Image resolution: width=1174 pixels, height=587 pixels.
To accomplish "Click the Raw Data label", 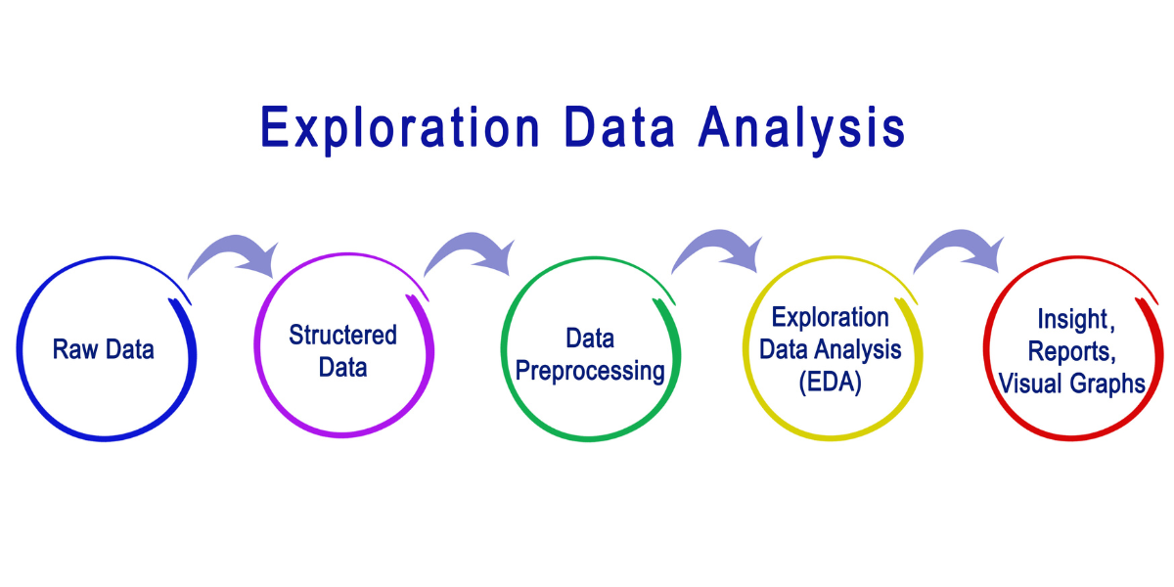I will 104,349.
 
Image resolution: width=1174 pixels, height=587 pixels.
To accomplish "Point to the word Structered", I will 342,336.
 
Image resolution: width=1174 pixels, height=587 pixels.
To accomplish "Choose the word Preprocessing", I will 590,372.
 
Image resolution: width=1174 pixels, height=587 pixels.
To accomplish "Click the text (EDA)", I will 830,383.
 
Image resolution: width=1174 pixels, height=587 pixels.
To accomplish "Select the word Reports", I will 1072,352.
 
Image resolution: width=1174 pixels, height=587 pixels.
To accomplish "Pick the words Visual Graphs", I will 1072,384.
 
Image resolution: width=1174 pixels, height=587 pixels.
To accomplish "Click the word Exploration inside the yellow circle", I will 830,318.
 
